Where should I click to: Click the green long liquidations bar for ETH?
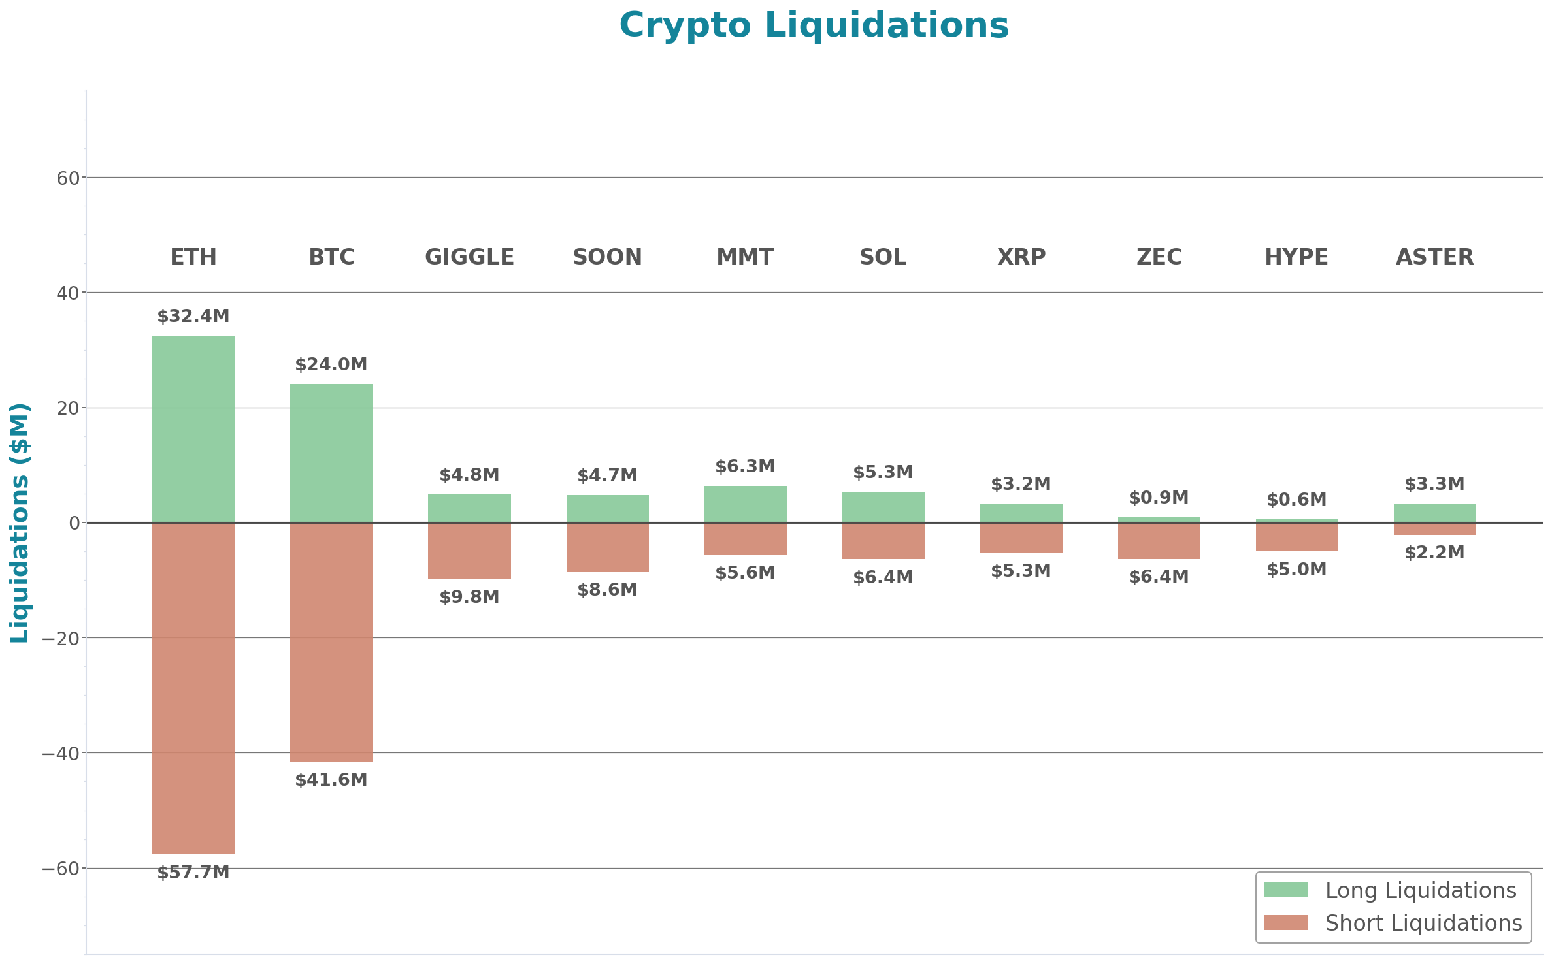193,428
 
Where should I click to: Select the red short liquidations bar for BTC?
331,642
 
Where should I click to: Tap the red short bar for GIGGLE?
469,551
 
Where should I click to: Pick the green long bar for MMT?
745,504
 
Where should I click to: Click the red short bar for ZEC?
1159,541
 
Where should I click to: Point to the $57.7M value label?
193,873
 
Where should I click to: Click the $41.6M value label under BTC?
331,780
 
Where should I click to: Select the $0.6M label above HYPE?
1296,500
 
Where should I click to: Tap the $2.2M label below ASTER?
1434,553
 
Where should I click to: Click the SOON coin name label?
607,257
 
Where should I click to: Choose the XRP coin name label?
1021,257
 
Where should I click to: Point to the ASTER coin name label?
1434,257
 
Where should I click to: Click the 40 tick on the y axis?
68,293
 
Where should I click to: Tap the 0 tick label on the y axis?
74,523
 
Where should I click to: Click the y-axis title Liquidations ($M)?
20,522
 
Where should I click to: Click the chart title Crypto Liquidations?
814,25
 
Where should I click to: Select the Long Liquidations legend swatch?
1286,890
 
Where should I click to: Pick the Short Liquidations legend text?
1423,923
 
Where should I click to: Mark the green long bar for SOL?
883,507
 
